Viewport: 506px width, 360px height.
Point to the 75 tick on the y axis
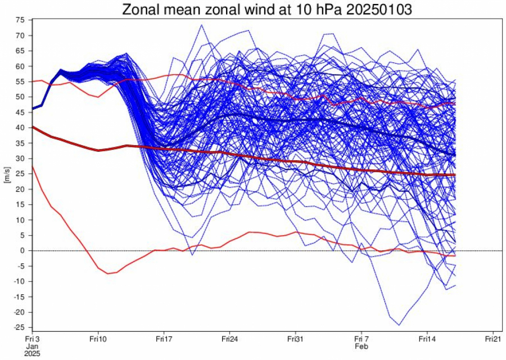click(21, 20)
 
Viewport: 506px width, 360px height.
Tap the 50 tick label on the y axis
click(21, 97)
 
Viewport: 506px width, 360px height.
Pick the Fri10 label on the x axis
click(98, 340)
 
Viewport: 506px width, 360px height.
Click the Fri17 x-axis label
click(164, 340)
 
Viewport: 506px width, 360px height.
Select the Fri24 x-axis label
click(229, 340)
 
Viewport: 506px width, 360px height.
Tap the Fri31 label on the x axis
click(295, 340)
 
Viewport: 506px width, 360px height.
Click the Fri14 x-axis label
click(427, 340)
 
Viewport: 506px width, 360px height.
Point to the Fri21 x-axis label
click(493, 340)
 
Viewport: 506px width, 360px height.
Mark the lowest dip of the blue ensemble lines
click(399, 325)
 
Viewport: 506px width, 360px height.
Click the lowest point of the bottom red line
click(108, 273)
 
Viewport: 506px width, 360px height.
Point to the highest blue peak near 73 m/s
click(201, 25)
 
